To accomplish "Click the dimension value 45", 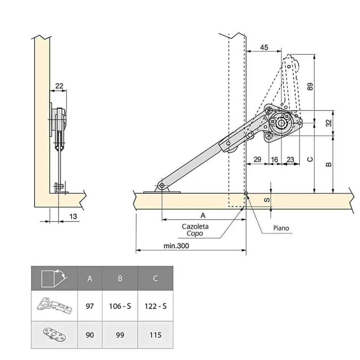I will (264, 47).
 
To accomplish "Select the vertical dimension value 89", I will (310, 87).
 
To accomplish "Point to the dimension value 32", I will (328, 123).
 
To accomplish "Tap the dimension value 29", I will (257, 159).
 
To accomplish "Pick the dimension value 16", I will (274, 159).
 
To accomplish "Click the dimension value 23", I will (290, 159).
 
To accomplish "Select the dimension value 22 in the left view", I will (59, 86).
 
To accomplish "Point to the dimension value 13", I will (73, 216).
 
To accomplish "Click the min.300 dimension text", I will (177, 246).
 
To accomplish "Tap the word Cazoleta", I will (195, 226).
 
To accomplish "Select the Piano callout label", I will (281, 228).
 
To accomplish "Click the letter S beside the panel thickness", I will (267, 200).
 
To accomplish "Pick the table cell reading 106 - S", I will (120, 306).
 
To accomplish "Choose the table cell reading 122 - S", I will (155, 306).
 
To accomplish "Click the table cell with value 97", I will (90, 306).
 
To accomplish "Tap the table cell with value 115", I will (155, 335).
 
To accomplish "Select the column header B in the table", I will (120, 278).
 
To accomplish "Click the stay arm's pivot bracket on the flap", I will (162, 188).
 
